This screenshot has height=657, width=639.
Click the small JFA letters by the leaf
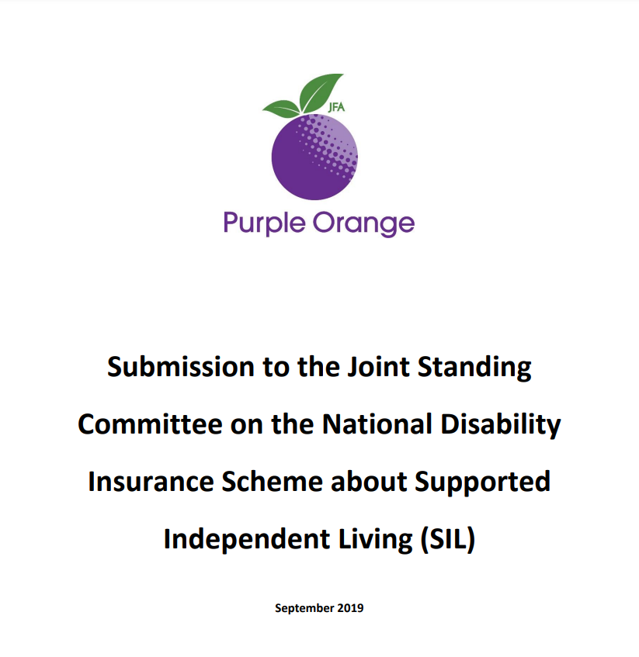click(336, 107)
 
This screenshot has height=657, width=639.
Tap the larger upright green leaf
click(321, 92)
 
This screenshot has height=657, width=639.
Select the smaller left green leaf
click(282, 109)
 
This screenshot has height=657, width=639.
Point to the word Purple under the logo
click(264, 223)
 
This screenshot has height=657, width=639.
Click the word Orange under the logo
click(363, 223)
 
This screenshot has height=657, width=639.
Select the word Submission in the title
click(181, 367)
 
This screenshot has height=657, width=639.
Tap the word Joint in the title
click(378, 367)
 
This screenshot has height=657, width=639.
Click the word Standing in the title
click(474, 368)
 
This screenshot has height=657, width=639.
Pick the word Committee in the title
click(150, 424)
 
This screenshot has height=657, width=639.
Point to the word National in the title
click(377, 424)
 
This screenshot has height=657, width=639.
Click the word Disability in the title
click(501, 425)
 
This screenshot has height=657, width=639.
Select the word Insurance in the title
click(151, 482)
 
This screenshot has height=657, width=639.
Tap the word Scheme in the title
click(272, 482)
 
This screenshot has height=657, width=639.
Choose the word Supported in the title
click(483, 482)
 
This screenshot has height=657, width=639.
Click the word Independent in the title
click(247, 540)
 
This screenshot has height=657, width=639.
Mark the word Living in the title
click(375, 540)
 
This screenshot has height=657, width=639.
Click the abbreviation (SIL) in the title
click(448, 540)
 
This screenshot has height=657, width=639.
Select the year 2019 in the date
click(350, 608)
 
